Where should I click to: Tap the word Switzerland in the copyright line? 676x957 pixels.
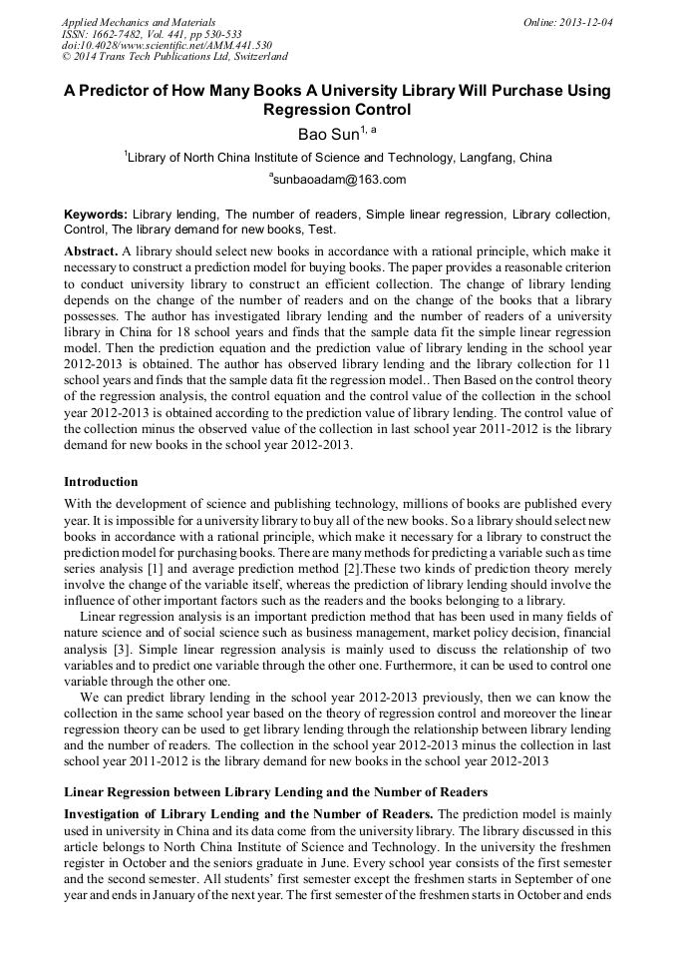tap(252, 57)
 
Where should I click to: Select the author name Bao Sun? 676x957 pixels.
tap(329, 134)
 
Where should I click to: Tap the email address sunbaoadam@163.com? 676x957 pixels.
tap(340, 180)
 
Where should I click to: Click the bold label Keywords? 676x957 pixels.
tap(96, 215)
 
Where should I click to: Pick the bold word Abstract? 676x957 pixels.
tap(92, 249)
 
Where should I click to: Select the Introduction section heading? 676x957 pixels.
tap(101, 482)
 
